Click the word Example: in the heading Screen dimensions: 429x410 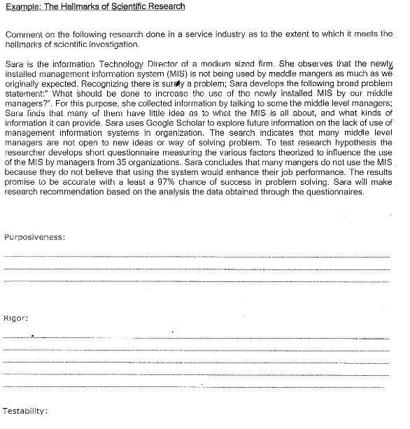pos(21,7)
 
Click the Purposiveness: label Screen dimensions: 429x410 pos(35,237)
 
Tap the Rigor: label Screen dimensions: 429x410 pos(16,318)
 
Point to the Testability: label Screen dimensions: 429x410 pos(25,410)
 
